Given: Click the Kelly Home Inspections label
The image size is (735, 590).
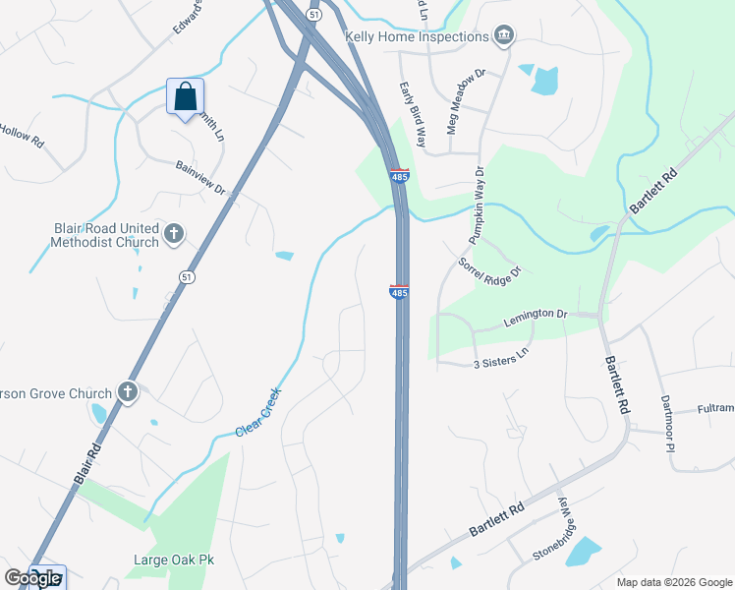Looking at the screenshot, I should pyautogui.click(x=418, y=36).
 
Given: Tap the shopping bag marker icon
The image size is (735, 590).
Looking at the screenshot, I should pyautogui.click(x=185, y=96).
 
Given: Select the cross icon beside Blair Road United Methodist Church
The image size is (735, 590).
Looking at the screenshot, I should pyautogui.click(x=174, y=233).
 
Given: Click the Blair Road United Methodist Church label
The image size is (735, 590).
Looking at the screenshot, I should pyautogui.click(x=106, y=234).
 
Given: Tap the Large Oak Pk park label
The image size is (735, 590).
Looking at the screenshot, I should pyautogui.click(x=174, y=560).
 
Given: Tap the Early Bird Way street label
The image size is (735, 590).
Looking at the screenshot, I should pyautogui.click(x=413, y=114).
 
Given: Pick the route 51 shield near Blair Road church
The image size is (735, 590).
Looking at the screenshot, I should pyautogui.click(x=186, y=277).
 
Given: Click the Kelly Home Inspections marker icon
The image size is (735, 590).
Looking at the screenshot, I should pyautogui.click(x=504, y=36).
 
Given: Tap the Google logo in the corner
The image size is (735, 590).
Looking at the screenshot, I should pyautogui.click(x=33, y=578).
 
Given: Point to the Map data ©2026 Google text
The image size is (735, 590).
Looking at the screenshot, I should pyautogui.click(x=675, y=581).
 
